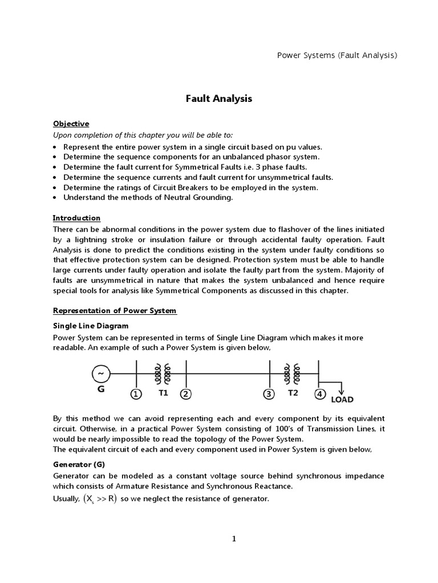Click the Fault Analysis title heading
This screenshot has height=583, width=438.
pos(219,98)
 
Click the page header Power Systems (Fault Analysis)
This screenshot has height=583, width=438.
pos(336,55)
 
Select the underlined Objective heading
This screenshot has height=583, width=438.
pos(71,124)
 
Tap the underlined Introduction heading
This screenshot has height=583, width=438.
pos(76,218)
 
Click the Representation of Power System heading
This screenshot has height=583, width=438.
pos(115,311)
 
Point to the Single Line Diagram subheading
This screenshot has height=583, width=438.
pos(91,326)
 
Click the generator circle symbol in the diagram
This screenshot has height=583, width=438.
pos(101,373)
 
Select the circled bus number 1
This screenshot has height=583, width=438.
pos(136,394)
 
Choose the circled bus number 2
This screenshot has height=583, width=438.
pos(185,394)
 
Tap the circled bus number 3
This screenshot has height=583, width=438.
pos(269,394)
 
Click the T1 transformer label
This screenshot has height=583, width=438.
pos(164,393)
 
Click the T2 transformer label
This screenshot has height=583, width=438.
pos(293,393)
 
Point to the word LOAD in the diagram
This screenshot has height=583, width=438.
pos(343,400)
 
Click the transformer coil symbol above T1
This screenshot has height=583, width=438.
pos(163,373)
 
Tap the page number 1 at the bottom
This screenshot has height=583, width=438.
pos(234,539)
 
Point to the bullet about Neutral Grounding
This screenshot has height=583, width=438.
pos(148,198)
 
